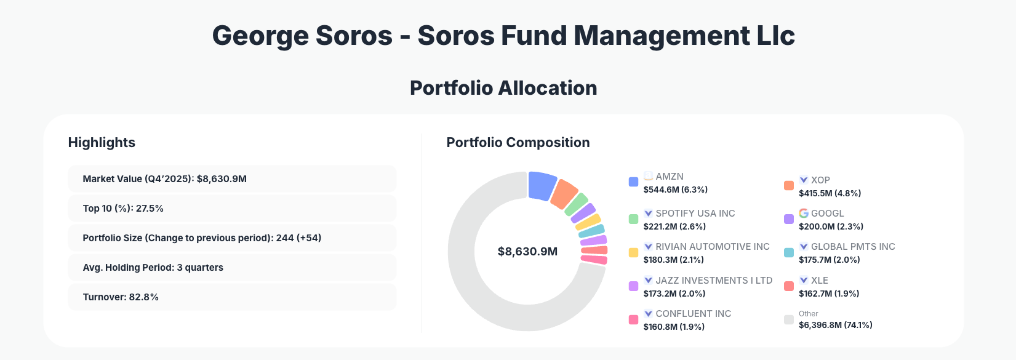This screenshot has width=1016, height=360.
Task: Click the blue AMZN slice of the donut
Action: click(x=542, y=185)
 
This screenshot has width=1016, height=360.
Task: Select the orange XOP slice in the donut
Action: click(x=564, y=194)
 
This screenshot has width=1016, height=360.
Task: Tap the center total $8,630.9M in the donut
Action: click(x=527, y=252)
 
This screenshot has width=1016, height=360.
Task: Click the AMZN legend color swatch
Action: click(x=633, y=182)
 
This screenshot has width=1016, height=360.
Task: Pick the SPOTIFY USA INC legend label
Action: click(x=695, y=214)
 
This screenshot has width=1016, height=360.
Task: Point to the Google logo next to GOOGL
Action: click(x=803, y=213)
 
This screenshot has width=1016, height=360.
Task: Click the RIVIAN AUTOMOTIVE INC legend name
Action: click(x=712, y=247)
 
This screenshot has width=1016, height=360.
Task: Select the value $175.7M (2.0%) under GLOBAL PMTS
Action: click(x=829, y=260)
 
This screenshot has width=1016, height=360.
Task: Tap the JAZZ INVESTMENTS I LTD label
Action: click(x=713, y=281)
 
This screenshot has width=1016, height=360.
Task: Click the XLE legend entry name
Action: click(x=819, y=281)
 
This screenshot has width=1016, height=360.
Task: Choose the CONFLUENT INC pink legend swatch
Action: click(x=633, y=320)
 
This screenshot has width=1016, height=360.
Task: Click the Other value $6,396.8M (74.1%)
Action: click(x=835, y=325)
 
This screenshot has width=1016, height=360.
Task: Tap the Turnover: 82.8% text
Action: click(x=121, y=297)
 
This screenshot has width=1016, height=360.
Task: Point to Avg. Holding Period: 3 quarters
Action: click(x=153, y=268)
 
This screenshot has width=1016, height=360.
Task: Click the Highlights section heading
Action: click(x=102, y=143)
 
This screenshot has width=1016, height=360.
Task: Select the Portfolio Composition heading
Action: click(x=518, y=143)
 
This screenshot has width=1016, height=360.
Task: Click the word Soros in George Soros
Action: click(x=354, y=36)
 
